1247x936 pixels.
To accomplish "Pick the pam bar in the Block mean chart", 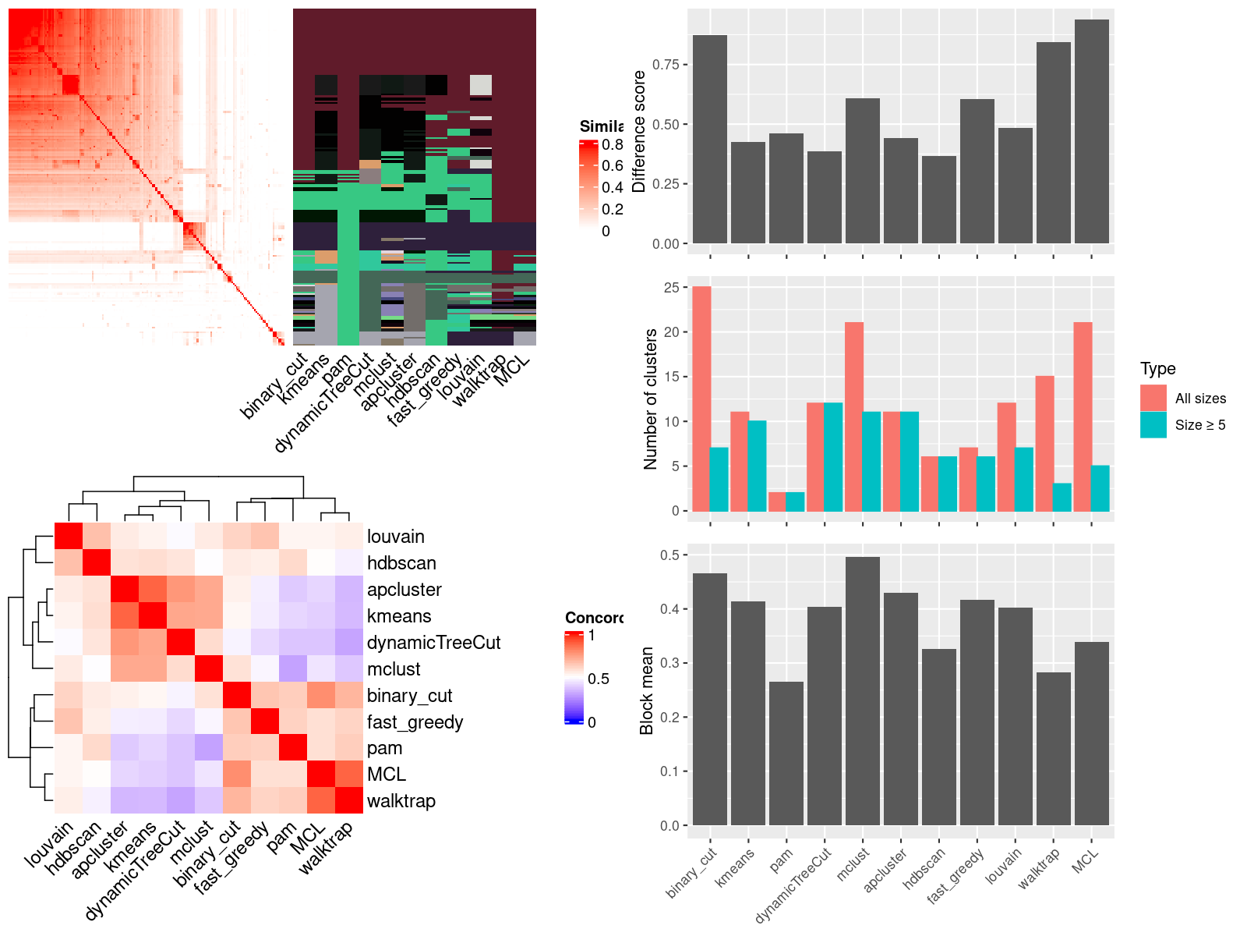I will click(x=786, y=753).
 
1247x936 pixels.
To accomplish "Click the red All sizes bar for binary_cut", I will click(x=701, y=399).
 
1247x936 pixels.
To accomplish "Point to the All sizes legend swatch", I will click(x=1153, y=398).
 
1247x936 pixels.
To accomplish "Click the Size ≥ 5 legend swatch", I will click(x=1153, y=425).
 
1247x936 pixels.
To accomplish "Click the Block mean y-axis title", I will click(x=646, y=690).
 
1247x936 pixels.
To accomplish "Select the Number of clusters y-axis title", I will click(x=650, y=399).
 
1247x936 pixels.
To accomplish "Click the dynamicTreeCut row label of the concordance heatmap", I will click(x=433, y=643).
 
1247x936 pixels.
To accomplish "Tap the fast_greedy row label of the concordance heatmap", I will click(x=415, y=722).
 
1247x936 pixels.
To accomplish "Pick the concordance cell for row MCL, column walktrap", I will click(x=349, y=775).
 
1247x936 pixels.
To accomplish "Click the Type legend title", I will click(x=1157, y=369).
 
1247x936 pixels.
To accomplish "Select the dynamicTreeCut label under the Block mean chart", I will click(x=793, y=885).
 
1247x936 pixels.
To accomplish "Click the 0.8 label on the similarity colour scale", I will click(x=613, y=144).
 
